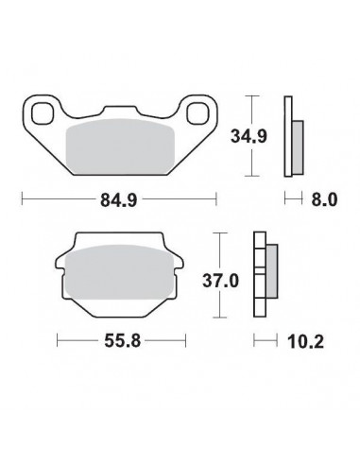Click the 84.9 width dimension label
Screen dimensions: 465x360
pos(118,199)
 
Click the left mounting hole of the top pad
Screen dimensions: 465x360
pos(43,114)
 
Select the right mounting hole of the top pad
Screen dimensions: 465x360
pos(196,114)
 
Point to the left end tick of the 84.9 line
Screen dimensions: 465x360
pos(22,199)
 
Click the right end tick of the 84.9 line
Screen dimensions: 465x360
pos(215,199)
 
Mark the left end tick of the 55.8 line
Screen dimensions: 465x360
pos(58,339)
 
